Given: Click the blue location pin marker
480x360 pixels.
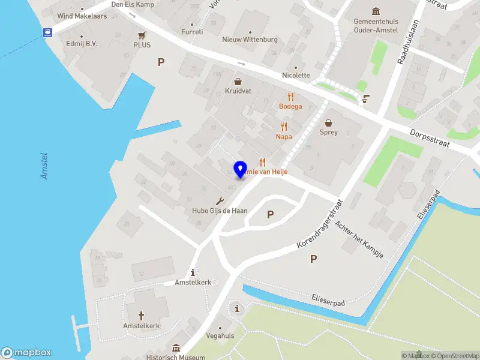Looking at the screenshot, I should (x=241, y=169).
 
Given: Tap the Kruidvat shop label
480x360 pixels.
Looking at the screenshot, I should (x=238, y=91).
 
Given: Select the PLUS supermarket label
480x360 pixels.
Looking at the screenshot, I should (x=142, y=44).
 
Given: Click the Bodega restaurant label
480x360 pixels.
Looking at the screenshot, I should (x=290, y=106).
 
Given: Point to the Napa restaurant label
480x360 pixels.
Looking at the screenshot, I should (x=284, y=136).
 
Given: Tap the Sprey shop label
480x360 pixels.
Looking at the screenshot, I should (x=328, y=132).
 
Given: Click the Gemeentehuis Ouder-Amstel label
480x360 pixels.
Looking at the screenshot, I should (x=376, y=25).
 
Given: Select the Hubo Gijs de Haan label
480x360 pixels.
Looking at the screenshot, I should (x=220, y=211).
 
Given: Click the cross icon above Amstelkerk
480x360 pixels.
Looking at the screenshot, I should (x=142, y=315).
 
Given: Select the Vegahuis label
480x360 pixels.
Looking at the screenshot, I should (x=220, y=335).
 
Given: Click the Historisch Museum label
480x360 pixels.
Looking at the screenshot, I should (x=176, y=357).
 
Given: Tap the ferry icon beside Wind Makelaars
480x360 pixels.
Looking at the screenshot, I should (x=46, y=32).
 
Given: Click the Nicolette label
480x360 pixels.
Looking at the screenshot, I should (x=296, y=75).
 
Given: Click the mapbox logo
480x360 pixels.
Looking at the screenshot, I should (x=26, y=352).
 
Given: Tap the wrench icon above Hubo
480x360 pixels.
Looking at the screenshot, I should (x=220, y=201).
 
